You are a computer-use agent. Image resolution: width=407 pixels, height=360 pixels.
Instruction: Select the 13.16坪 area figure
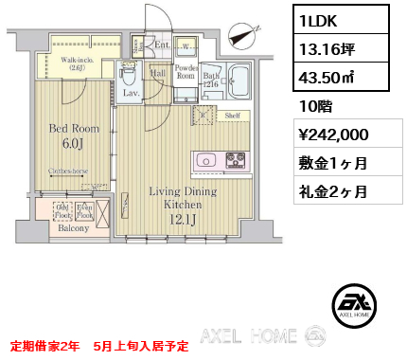(327, 47)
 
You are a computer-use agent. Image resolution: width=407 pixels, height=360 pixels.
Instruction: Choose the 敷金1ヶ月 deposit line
(333, 163)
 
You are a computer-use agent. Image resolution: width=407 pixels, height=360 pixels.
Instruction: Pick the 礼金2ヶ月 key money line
(333, 190)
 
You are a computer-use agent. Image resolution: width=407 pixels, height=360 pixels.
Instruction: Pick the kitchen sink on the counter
(209, 160)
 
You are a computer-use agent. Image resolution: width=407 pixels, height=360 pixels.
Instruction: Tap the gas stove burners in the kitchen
(235, 160)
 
